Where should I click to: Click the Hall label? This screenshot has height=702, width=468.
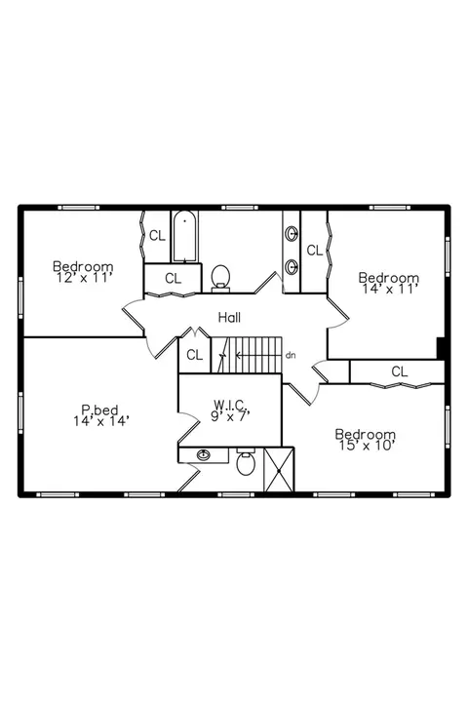point(229,318)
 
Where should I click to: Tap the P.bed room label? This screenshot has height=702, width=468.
point(99,409)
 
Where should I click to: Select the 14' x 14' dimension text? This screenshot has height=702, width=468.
point(101,420)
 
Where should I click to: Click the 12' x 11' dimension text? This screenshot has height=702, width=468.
point(83,278)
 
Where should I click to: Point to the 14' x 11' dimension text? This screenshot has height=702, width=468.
point(390,289)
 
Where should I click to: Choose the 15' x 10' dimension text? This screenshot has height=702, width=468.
point(367,446)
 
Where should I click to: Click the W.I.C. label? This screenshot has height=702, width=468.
point(230,406)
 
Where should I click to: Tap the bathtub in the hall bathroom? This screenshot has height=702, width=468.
point(184,236)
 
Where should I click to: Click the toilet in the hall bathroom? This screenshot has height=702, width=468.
point(220,278)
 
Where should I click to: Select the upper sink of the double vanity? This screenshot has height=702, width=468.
point(292,233)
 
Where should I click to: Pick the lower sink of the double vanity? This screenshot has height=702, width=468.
point(292,267)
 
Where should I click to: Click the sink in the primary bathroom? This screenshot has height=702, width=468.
point(204,455)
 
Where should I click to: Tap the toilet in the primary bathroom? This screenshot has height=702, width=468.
point(246,461)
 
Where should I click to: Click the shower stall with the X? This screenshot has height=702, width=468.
point(279,470)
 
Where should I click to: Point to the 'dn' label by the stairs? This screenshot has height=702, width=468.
point(291,356)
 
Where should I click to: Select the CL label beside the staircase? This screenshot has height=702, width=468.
point(194,355)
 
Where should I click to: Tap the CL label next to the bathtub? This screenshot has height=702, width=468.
point(157,236)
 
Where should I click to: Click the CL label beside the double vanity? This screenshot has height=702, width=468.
point(315,251)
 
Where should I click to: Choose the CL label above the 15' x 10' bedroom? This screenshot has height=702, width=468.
point(400,371)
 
